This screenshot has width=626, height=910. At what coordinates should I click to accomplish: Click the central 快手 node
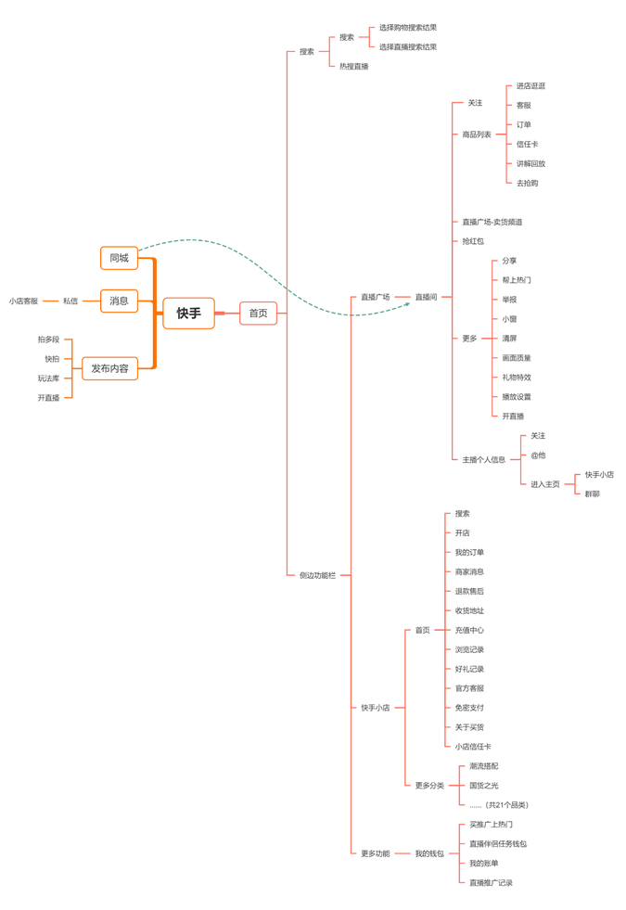click(188, 314)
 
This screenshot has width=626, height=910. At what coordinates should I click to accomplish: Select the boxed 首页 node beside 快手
click(258, 314)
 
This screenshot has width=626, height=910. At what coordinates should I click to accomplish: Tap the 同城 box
click(119, 258)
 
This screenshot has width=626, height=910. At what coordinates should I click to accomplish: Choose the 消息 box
click(119, 301)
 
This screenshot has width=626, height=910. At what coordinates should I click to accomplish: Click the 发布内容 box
click(109, 368)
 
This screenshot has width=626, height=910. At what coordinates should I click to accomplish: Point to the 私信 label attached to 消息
click(70, 301)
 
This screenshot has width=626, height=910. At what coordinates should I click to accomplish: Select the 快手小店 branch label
click(375, 708)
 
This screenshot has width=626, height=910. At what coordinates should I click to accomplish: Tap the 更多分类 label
click(429, 785)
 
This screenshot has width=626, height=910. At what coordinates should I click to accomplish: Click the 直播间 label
click(426, 297)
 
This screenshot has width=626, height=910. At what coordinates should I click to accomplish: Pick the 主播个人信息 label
click(484, 459)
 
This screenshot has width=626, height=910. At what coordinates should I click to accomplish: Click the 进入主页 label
click(544, 484)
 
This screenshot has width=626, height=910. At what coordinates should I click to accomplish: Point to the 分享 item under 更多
click(509, 261)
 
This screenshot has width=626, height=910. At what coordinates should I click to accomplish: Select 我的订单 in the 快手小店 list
click(469, 552)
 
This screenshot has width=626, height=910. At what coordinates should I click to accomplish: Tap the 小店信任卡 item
click(473, 746)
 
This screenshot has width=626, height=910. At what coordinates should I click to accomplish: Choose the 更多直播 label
click(376, 852)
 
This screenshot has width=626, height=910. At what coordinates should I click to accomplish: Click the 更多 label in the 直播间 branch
click(470, 339)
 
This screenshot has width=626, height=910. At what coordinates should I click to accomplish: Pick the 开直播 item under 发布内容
click(48, 398)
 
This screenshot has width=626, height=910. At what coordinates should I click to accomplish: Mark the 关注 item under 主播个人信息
click(538, 435)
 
